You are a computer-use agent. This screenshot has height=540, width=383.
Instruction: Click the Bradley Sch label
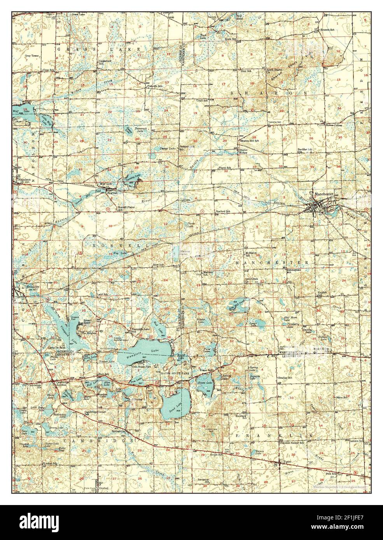tap(286, 378)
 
